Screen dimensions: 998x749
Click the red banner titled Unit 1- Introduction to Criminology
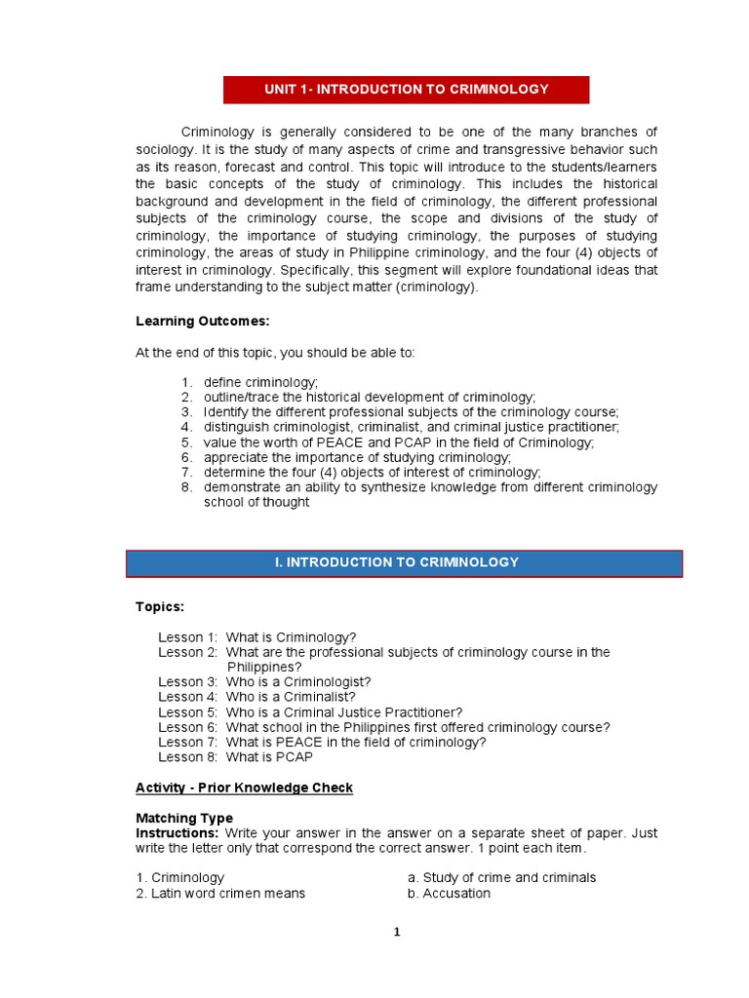point(406,89)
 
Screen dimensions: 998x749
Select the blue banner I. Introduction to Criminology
point(405,562)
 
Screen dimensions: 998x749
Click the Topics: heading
point(159,607)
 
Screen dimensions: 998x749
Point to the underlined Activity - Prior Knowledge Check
point(244,787)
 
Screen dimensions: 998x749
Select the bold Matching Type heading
point(184,819)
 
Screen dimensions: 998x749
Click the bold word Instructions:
point(177,833)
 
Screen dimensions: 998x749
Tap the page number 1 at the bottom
point(397,932)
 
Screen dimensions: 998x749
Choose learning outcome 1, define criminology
point(260,382)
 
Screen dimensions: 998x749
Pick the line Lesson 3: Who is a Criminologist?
point(264,682)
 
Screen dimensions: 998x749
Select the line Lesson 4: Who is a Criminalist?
point(256,697)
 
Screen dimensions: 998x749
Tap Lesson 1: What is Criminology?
point(257,637)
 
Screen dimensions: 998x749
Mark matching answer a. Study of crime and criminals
point(501,878)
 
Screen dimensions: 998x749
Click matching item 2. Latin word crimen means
point(220,894)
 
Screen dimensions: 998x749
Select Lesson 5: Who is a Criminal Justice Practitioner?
point(310,712)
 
